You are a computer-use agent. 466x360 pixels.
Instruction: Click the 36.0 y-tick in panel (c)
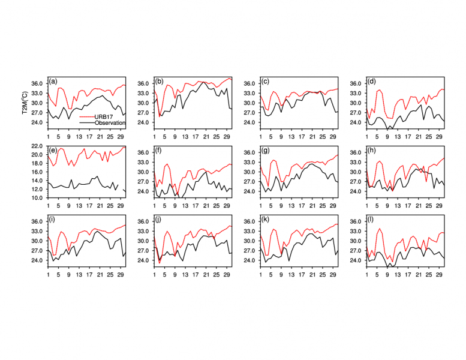(250, 83)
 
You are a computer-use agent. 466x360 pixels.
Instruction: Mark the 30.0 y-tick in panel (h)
(356, 172)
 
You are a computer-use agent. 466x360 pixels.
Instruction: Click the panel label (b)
(160, 81)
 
